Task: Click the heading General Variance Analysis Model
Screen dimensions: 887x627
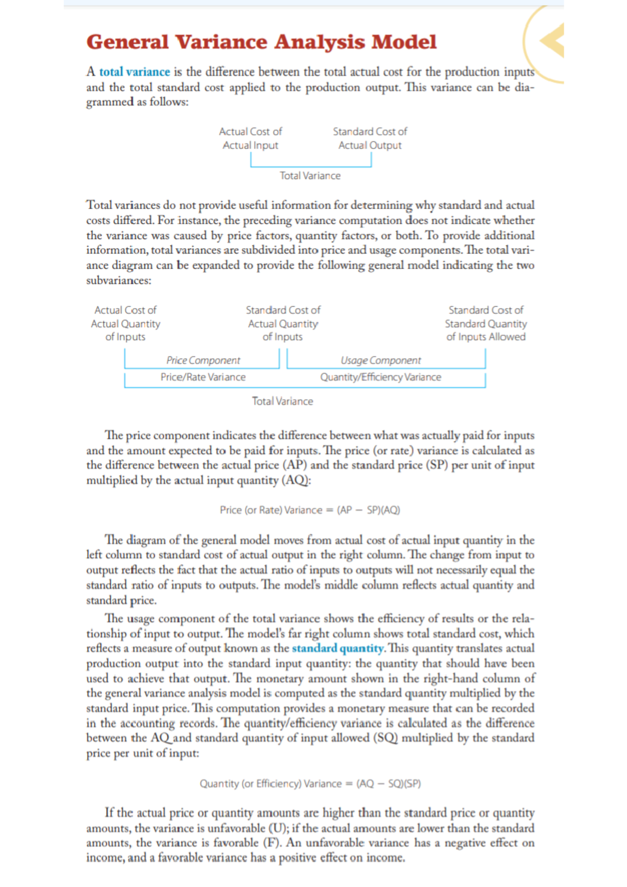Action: tap(261, 42)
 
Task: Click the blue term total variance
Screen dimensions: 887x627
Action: tap(134, 72)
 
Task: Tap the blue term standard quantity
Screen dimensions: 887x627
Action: tap(338, 648)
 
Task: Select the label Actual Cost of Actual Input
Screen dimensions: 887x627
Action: tap(250, 139)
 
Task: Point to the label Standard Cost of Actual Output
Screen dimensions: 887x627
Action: tap(370, 139)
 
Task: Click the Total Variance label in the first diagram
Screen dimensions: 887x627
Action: tap(310, 176)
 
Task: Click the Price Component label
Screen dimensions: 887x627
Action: tap(203, 360)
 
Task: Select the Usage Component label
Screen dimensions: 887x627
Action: tap(380, 360)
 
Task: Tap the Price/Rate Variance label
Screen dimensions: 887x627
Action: tap(203, 377)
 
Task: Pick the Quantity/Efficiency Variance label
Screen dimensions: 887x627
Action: tap(380, 377)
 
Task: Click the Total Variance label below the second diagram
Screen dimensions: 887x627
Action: tap(282, 401)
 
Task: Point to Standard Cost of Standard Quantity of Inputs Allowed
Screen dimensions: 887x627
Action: tap(485, 324)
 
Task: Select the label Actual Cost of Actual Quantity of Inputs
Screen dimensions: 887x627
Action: tap(125, 324)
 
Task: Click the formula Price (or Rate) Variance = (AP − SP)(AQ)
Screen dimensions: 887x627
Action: tap(310, 510)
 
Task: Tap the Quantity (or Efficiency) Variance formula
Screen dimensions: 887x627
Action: tap(310, 784)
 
